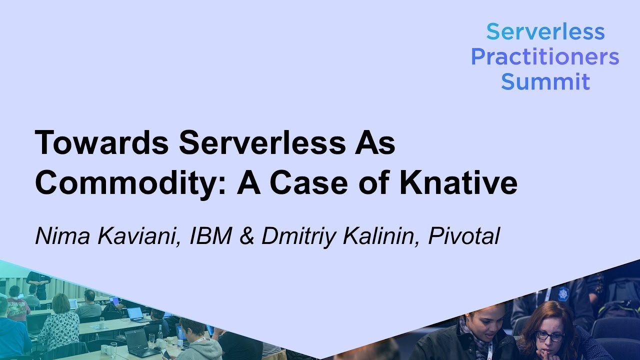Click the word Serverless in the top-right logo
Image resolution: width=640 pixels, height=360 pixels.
click(x=545, y=32)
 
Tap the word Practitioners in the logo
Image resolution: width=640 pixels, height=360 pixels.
click(x=545, y=57)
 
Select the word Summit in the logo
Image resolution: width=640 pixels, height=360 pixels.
click(x=545, y=81)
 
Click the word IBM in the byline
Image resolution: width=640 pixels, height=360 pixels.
click(x=211, y=236)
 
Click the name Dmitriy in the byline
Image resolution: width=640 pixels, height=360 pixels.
click(x=298, y=236)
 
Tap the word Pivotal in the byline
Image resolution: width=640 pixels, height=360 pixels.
click(x=464, y=236)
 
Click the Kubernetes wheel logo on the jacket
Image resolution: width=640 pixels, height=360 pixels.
click(x=564, y=294)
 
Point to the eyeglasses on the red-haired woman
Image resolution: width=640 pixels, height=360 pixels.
click(x=549, y=336)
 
